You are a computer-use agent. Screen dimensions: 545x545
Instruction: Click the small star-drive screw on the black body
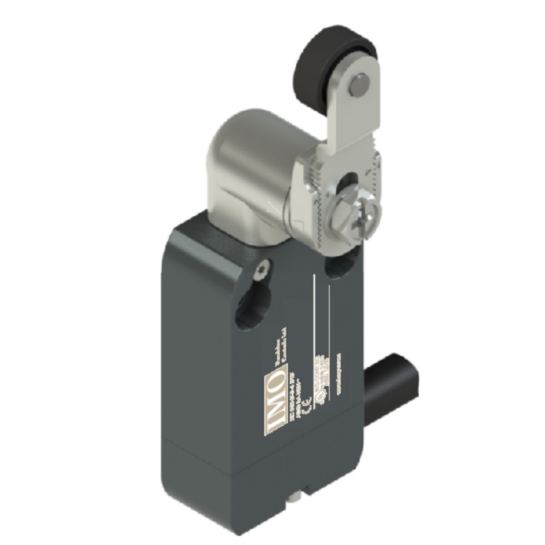coord(262,266)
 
